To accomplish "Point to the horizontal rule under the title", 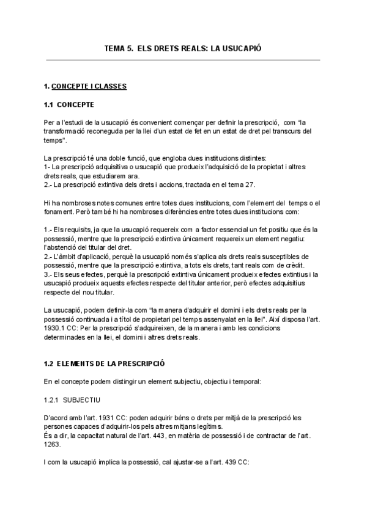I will click(x=183, y=60).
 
